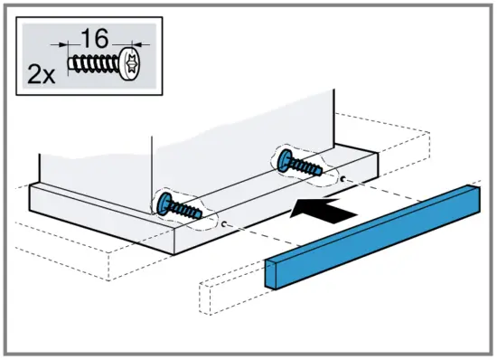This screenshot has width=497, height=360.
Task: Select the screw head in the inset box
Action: tap(128, 65)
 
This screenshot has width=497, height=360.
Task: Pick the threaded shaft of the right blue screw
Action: tap(307, 168)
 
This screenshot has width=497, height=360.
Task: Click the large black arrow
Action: tap(321, 210)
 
